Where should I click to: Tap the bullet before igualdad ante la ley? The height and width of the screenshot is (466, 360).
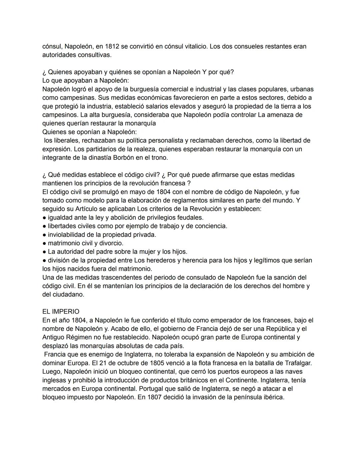click(x=44, y=217)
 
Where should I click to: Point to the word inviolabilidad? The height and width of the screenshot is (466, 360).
click(x=69, y=235)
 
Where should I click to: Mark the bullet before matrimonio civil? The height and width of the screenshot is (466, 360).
click(x=44, y=243)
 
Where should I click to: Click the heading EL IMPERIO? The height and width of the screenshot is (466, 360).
click(x=61, y=312)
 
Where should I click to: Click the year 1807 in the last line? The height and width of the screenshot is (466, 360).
click(x=155, y=397)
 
